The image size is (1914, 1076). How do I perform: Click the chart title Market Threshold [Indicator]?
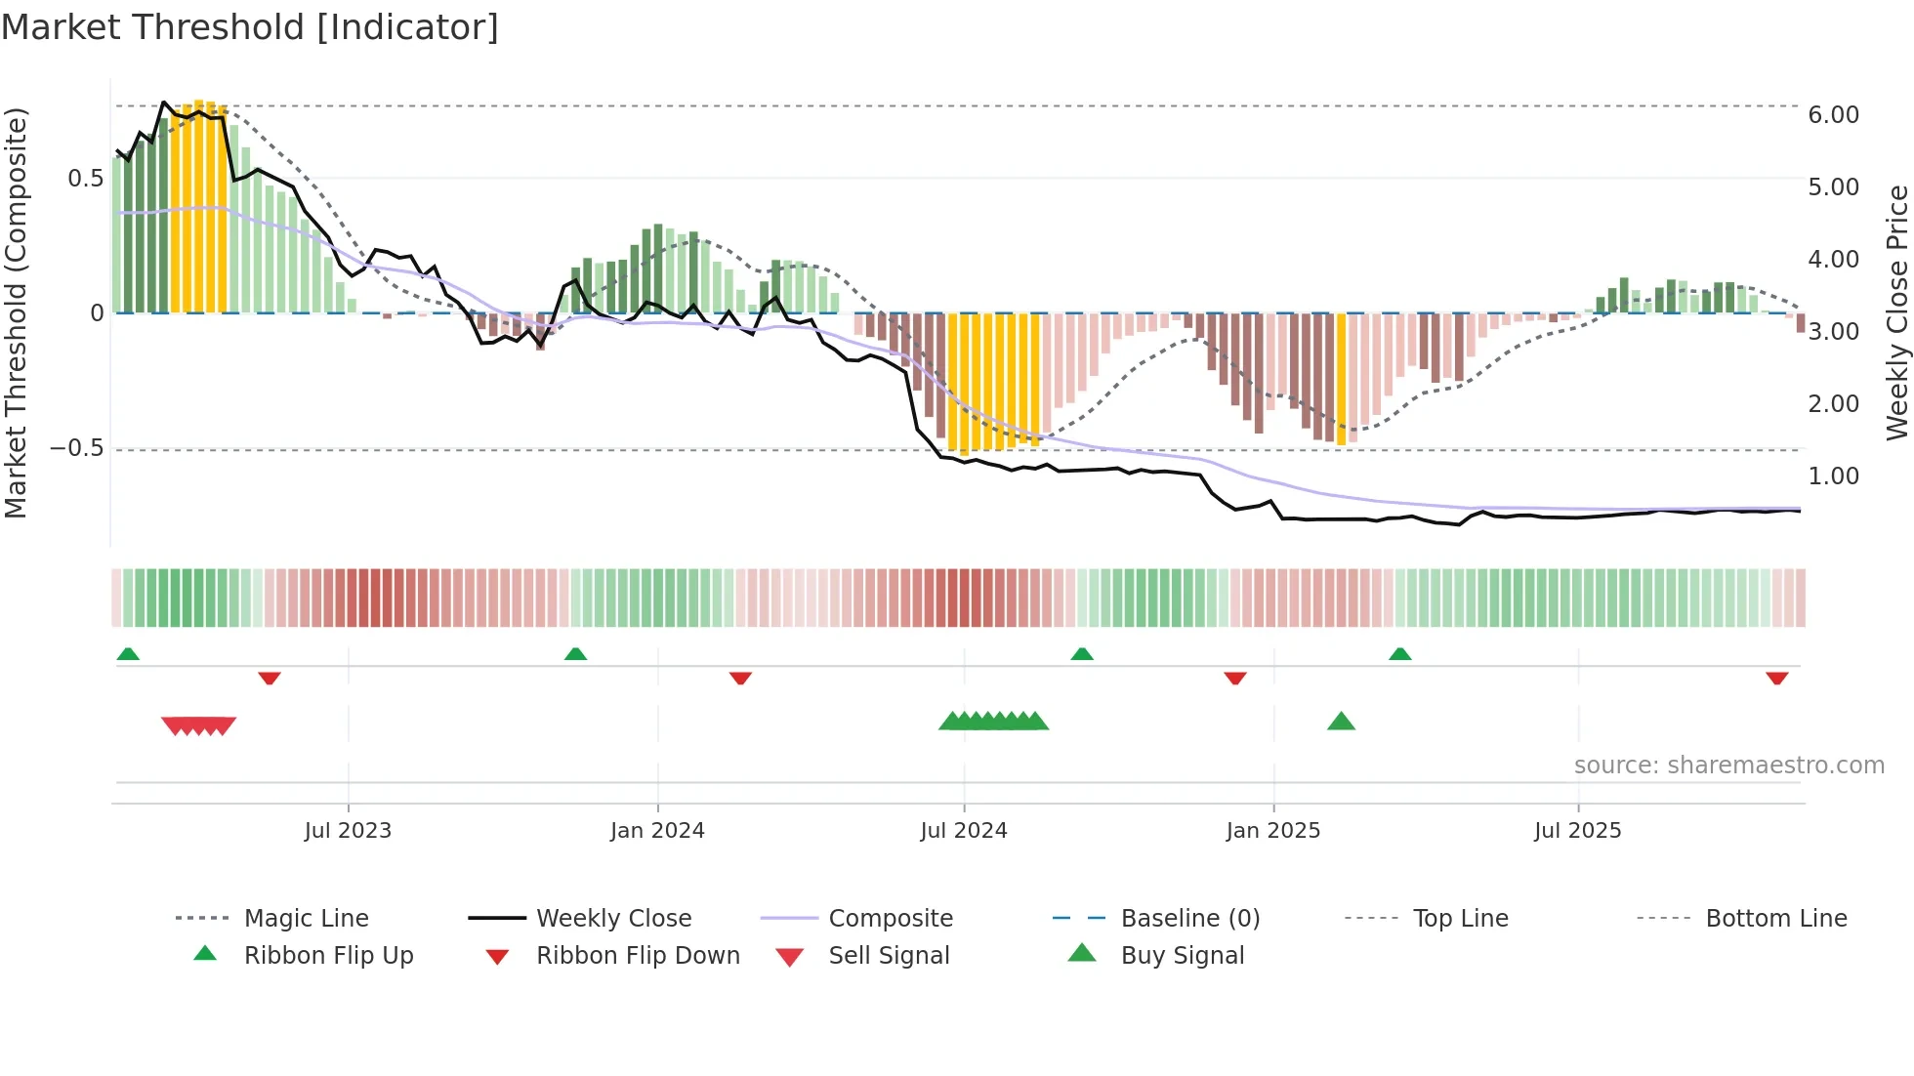[250, 27]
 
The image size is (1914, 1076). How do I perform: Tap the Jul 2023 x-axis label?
[348, 831]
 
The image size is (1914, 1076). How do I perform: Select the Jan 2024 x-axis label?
[657, 831]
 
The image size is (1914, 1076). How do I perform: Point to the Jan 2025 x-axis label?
[1273, 831]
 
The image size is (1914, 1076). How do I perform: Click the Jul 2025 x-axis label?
[1578, 831]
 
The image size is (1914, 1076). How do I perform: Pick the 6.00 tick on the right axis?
[1833, 115]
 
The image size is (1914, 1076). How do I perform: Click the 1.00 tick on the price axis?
[1833, 476]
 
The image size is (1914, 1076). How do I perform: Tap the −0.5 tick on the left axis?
[77, 448]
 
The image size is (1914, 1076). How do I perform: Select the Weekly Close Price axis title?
[1896, 312]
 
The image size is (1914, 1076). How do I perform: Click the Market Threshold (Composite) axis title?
[16, 312]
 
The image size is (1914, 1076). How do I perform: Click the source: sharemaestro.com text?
[1728, 766]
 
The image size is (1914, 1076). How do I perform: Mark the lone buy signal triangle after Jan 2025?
[1341, 722]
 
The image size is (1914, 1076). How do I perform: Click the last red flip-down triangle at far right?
[1776, 678]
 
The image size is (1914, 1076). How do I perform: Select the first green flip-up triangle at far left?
[128, 654]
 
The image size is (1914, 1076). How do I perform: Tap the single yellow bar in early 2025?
[1341, 379]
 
